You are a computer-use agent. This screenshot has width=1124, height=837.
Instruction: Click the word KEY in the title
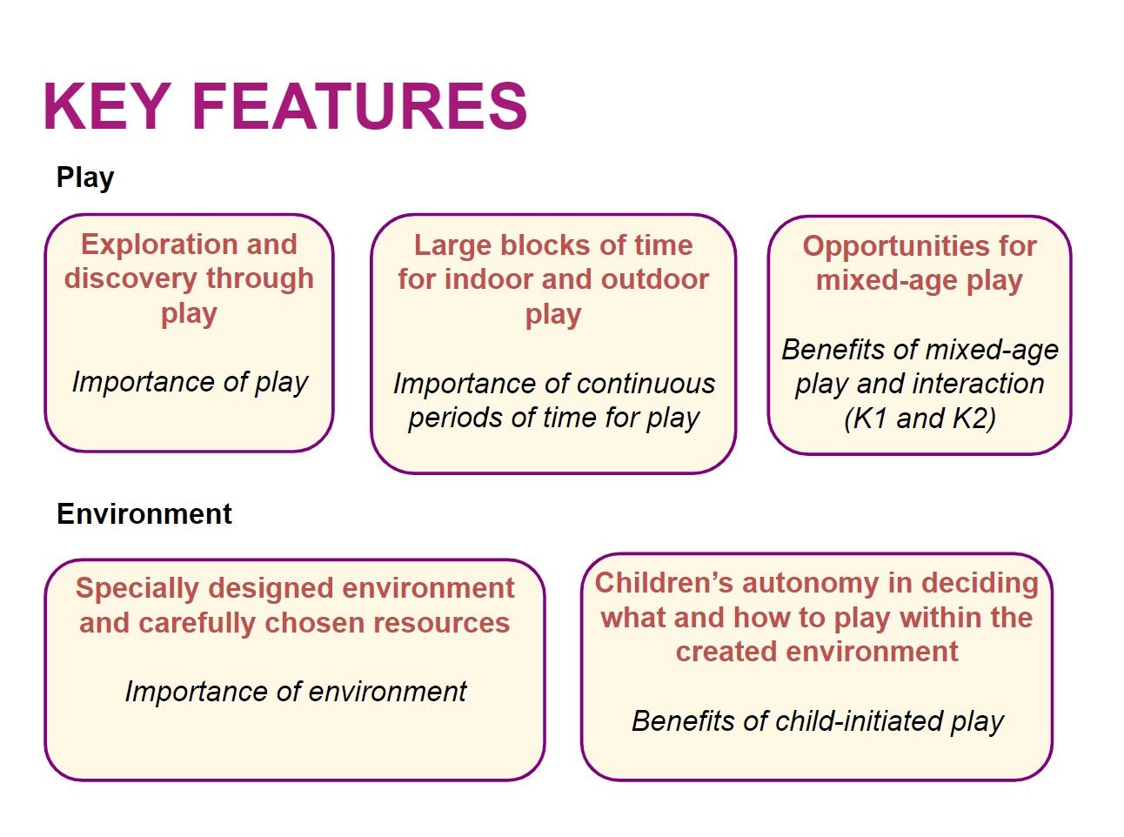click(107, 106)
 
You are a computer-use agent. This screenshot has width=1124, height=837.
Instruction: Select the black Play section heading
click(85, 178)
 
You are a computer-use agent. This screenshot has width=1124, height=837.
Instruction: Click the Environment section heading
click(144, 513)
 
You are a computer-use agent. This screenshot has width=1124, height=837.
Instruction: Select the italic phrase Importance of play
click(190, 382)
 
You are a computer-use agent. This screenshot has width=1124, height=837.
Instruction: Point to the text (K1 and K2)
click(920, 418)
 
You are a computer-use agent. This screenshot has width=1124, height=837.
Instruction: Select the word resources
click(441, 623)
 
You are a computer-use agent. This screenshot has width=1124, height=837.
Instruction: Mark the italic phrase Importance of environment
click(296, 692)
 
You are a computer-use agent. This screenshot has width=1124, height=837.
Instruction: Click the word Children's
click(664, 582)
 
